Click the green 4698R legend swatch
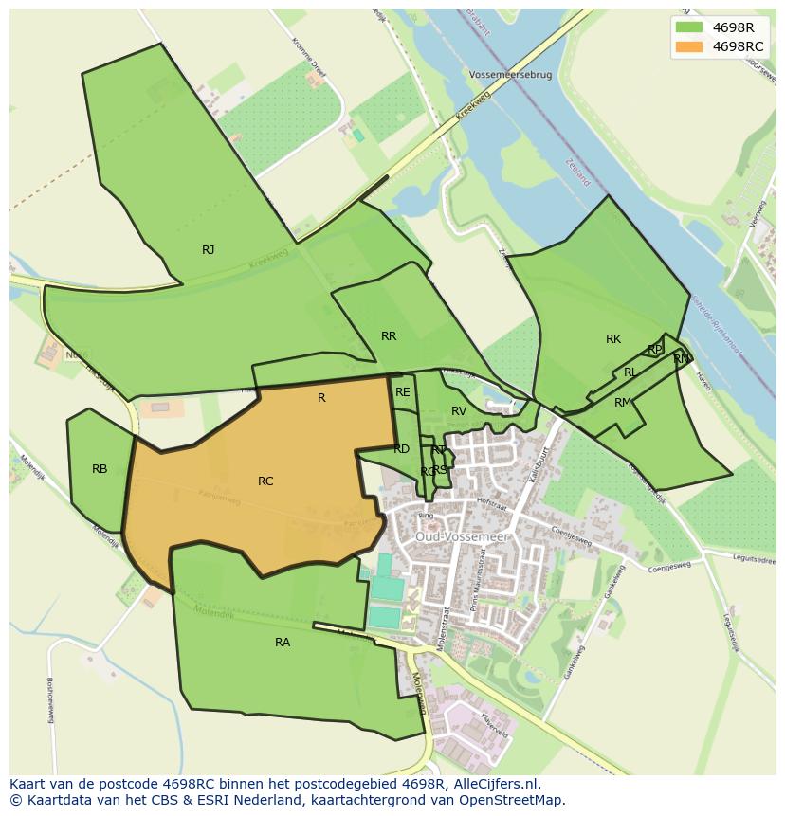[x=688, y=27]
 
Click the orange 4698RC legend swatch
[x=688, y=46]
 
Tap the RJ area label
[x=208, y=250]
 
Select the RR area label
[x=388, y=336]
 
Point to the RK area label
[x=613, y=339]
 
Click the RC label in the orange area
[x=265, y=481]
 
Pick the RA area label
[x=283, y=643]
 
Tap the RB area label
[x=100, y=469]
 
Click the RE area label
[x=403, y=392]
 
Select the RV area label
[x=459, y=411]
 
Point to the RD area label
[x=401, y=449]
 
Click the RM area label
[x=622, y=403]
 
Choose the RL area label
[x=630, y=373]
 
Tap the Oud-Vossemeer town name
[x=462, y=536]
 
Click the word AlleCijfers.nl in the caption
[x=492, y=784]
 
